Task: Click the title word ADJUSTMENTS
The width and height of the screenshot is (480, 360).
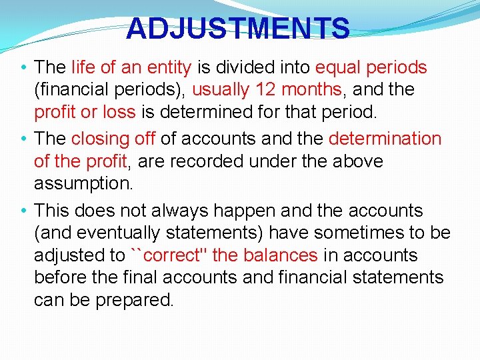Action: pos(237,29)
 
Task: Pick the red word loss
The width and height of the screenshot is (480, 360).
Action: pos(117,111)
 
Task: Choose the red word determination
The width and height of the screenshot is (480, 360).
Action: pos(385,139)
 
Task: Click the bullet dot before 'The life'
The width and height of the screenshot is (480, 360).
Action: pos(24,67)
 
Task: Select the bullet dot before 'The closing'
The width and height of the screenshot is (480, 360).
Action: pos(24,139)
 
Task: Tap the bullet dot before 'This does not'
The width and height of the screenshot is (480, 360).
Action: pos(24,211)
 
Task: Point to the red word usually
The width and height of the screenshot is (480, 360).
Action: pos(220,89)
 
